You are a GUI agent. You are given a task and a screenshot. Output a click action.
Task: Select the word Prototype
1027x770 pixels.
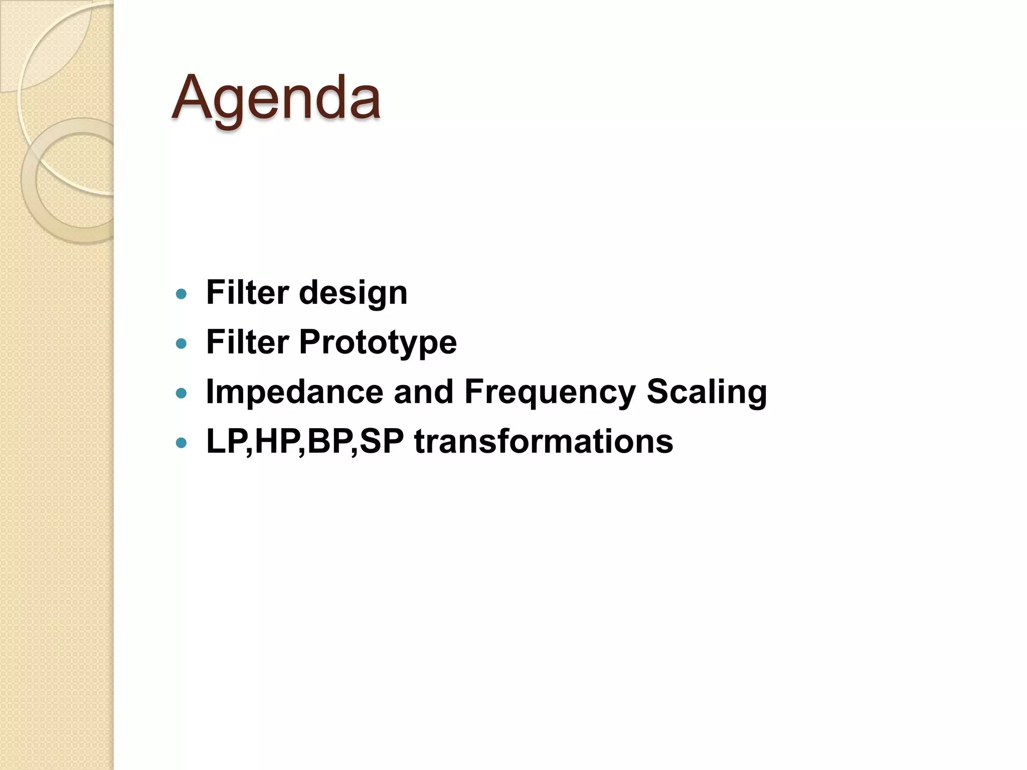tap(378, 342)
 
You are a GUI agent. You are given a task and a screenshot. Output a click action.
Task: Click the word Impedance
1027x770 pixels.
tap(294, 392)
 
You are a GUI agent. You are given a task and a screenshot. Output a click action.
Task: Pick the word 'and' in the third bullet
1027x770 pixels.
tap(424, 392)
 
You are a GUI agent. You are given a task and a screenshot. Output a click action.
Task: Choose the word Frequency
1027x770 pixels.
tap(550, 392)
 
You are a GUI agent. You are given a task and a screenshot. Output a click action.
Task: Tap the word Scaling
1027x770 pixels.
tap(707, 392)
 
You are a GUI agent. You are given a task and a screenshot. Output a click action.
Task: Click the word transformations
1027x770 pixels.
tap(544, 442)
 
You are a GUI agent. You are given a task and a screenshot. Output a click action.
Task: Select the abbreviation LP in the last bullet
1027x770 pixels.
tap(226, 442)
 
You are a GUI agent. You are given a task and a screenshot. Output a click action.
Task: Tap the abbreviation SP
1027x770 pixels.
tap(382, 442)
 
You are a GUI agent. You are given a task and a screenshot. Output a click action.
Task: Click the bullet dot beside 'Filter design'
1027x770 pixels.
tap(182, 294)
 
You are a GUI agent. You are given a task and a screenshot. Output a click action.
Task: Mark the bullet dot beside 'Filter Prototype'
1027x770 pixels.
tap(182, 343)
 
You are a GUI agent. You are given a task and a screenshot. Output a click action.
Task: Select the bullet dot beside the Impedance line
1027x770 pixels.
tap(182, 393)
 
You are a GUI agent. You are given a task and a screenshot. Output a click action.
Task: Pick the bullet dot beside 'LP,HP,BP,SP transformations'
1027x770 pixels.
tap(182, 443)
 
